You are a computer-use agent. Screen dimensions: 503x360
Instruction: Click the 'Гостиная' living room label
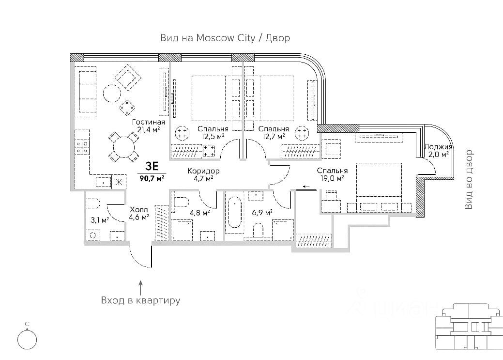(x=148, y=122)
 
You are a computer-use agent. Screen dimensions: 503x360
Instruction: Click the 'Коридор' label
(x=204, y=171)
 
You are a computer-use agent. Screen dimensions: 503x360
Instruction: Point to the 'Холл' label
(x=138, y=209)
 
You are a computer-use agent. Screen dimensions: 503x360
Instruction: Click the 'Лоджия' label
(x=438, y=146)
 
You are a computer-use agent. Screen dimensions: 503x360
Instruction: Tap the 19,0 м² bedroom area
(x=332, y=178)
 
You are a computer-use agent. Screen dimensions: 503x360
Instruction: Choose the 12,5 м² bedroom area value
(x=213, y=137)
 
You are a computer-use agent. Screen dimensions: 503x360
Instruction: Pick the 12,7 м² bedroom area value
(x=274, y=137)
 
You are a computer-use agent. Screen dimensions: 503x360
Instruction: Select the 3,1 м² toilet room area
(x=98, y=219)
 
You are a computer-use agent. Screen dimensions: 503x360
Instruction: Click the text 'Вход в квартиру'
(x=140, y=300)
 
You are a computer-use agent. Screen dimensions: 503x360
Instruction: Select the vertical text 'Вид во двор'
(x=468, y=180)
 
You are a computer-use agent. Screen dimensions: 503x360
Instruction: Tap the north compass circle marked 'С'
(x=27, y=339)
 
